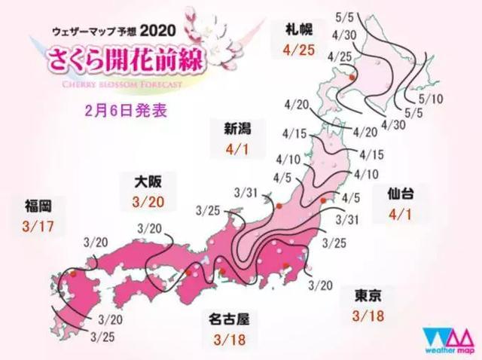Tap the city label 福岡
click(x=38, y=203)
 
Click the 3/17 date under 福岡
click(x=39, y=225)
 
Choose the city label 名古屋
click(x=230, y=319)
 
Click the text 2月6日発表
click(x=126, y=109)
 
